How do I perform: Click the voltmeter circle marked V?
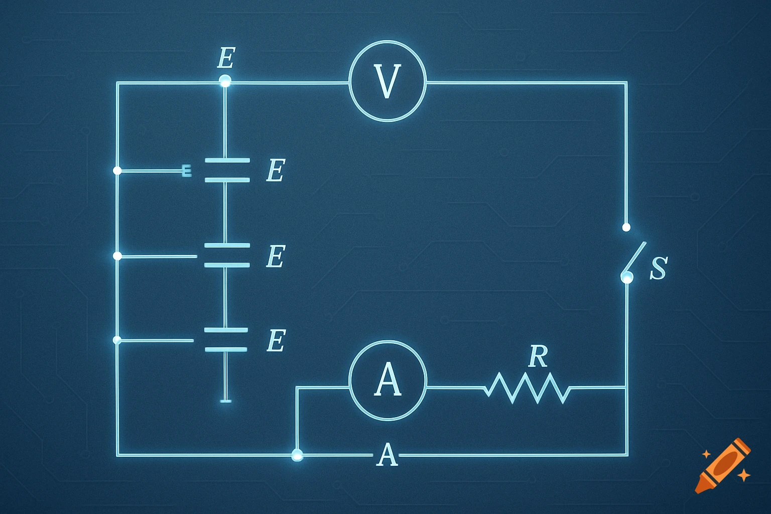click(388, 81)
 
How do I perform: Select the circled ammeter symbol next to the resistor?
click(388, 380)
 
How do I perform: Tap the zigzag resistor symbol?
click(527, 388)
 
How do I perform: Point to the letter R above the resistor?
click(538, 356)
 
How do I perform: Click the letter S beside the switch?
click(658, 269)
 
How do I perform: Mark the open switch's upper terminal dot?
click(626, 227)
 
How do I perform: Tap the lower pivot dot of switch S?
click(627, 277)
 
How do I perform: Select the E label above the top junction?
click(226, 58)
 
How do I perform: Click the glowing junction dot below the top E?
click(225, 80)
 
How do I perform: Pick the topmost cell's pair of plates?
click(227, 170)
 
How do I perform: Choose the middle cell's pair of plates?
click(227, 255)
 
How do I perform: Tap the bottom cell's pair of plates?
click(226, 339)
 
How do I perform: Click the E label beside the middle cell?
click(276, 256)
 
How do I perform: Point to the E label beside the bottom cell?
click(276, 341)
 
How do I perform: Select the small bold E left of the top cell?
click(186, 171)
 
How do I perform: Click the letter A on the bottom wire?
click(387, 455)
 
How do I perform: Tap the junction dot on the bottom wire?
click(297, 455)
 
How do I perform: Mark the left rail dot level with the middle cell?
click(117, 256)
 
